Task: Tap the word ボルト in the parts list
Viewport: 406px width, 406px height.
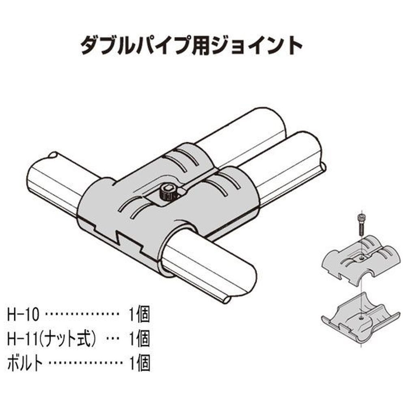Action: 25,363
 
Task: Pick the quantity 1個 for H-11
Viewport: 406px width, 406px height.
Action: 140,339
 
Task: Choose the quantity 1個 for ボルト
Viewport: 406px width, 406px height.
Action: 140,363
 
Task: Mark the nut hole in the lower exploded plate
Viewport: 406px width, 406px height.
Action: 360,317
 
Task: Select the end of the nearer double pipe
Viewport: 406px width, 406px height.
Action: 308,145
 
